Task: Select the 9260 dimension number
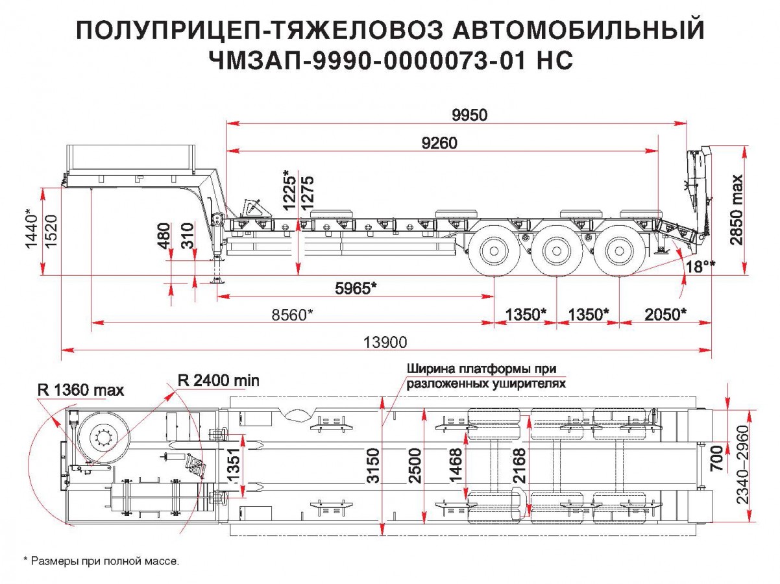439,143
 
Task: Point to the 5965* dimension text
356,288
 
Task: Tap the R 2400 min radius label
218,381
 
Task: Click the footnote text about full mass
101,560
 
